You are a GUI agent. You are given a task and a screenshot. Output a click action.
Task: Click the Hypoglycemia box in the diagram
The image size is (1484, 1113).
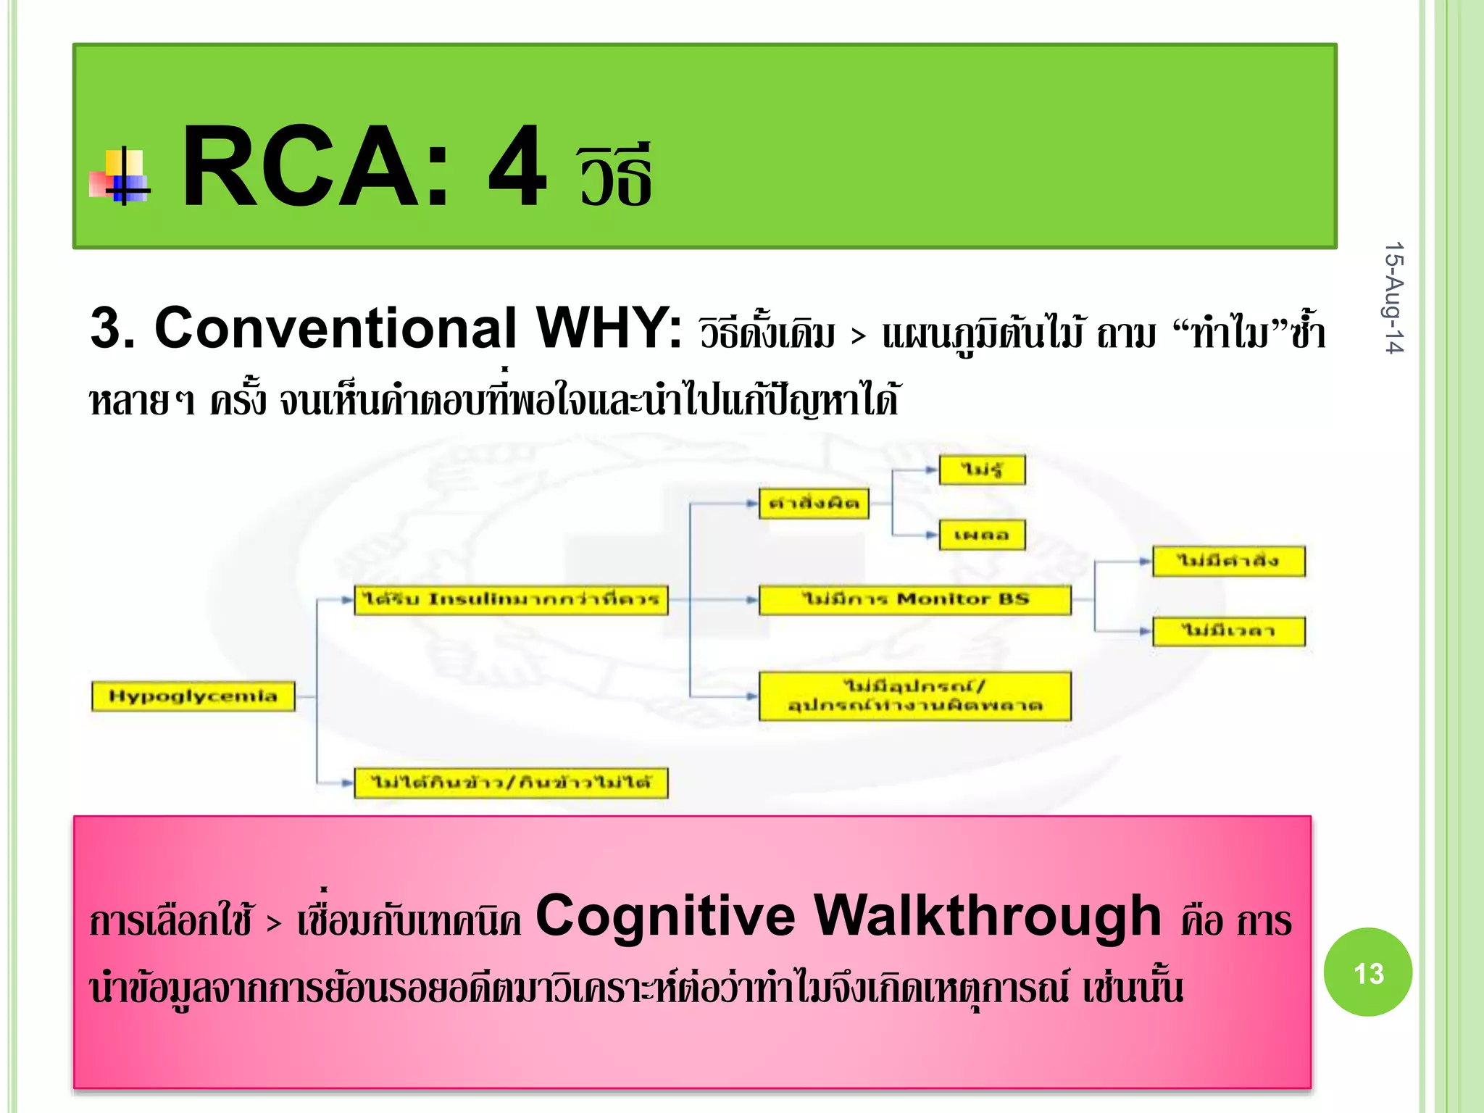coord(193,696)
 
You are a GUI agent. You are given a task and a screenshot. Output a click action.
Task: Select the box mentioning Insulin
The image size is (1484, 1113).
coord(511,600)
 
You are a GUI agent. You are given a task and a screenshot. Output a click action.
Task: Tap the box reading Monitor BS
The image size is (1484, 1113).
coord(914,600)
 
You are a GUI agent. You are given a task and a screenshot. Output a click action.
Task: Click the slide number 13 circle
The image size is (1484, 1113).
coord(1367,972)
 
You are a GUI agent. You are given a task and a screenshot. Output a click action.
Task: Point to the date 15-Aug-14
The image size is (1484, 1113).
coord(1393,298)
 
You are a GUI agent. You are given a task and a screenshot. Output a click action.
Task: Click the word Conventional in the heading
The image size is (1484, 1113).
coord(335,328)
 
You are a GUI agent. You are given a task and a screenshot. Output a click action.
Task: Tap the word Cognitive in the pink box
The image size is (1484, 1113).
coord(665,916)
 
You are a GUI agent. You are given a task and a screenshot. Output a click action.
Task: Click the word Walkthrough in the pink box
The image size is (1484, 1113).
coord(988,916)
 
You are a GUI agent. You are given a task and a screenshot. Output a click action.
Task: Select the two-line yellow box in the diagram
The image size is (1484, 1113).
coord(914,696)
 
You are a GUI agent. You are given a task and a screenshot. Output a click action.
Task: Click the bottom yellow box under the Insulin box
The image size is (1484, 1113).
coord(511,783)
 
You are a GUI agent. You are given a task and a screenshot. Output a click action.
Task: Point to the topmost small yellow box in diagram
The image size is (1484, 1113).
coord(982,470)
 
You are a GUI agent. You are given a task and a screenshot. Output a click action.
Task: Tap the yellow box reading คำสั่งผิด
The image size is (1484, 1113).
coord(814,504)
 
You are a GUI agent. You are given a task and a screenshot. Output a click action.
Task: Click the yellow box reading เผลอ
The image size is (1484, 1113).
coord(982,535)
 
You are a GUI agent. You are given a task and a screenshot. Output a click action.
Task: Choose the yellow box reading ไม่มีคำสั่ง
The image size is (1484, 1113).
coord(1228,562)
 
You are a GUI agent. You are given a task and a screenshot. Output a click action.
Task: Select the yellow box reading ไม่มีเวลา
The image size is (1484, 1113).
coord(1228,631)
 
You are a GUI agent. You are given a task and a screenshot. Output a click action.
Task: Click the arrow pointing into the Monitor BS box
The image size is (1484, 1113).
coord(752,600)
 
